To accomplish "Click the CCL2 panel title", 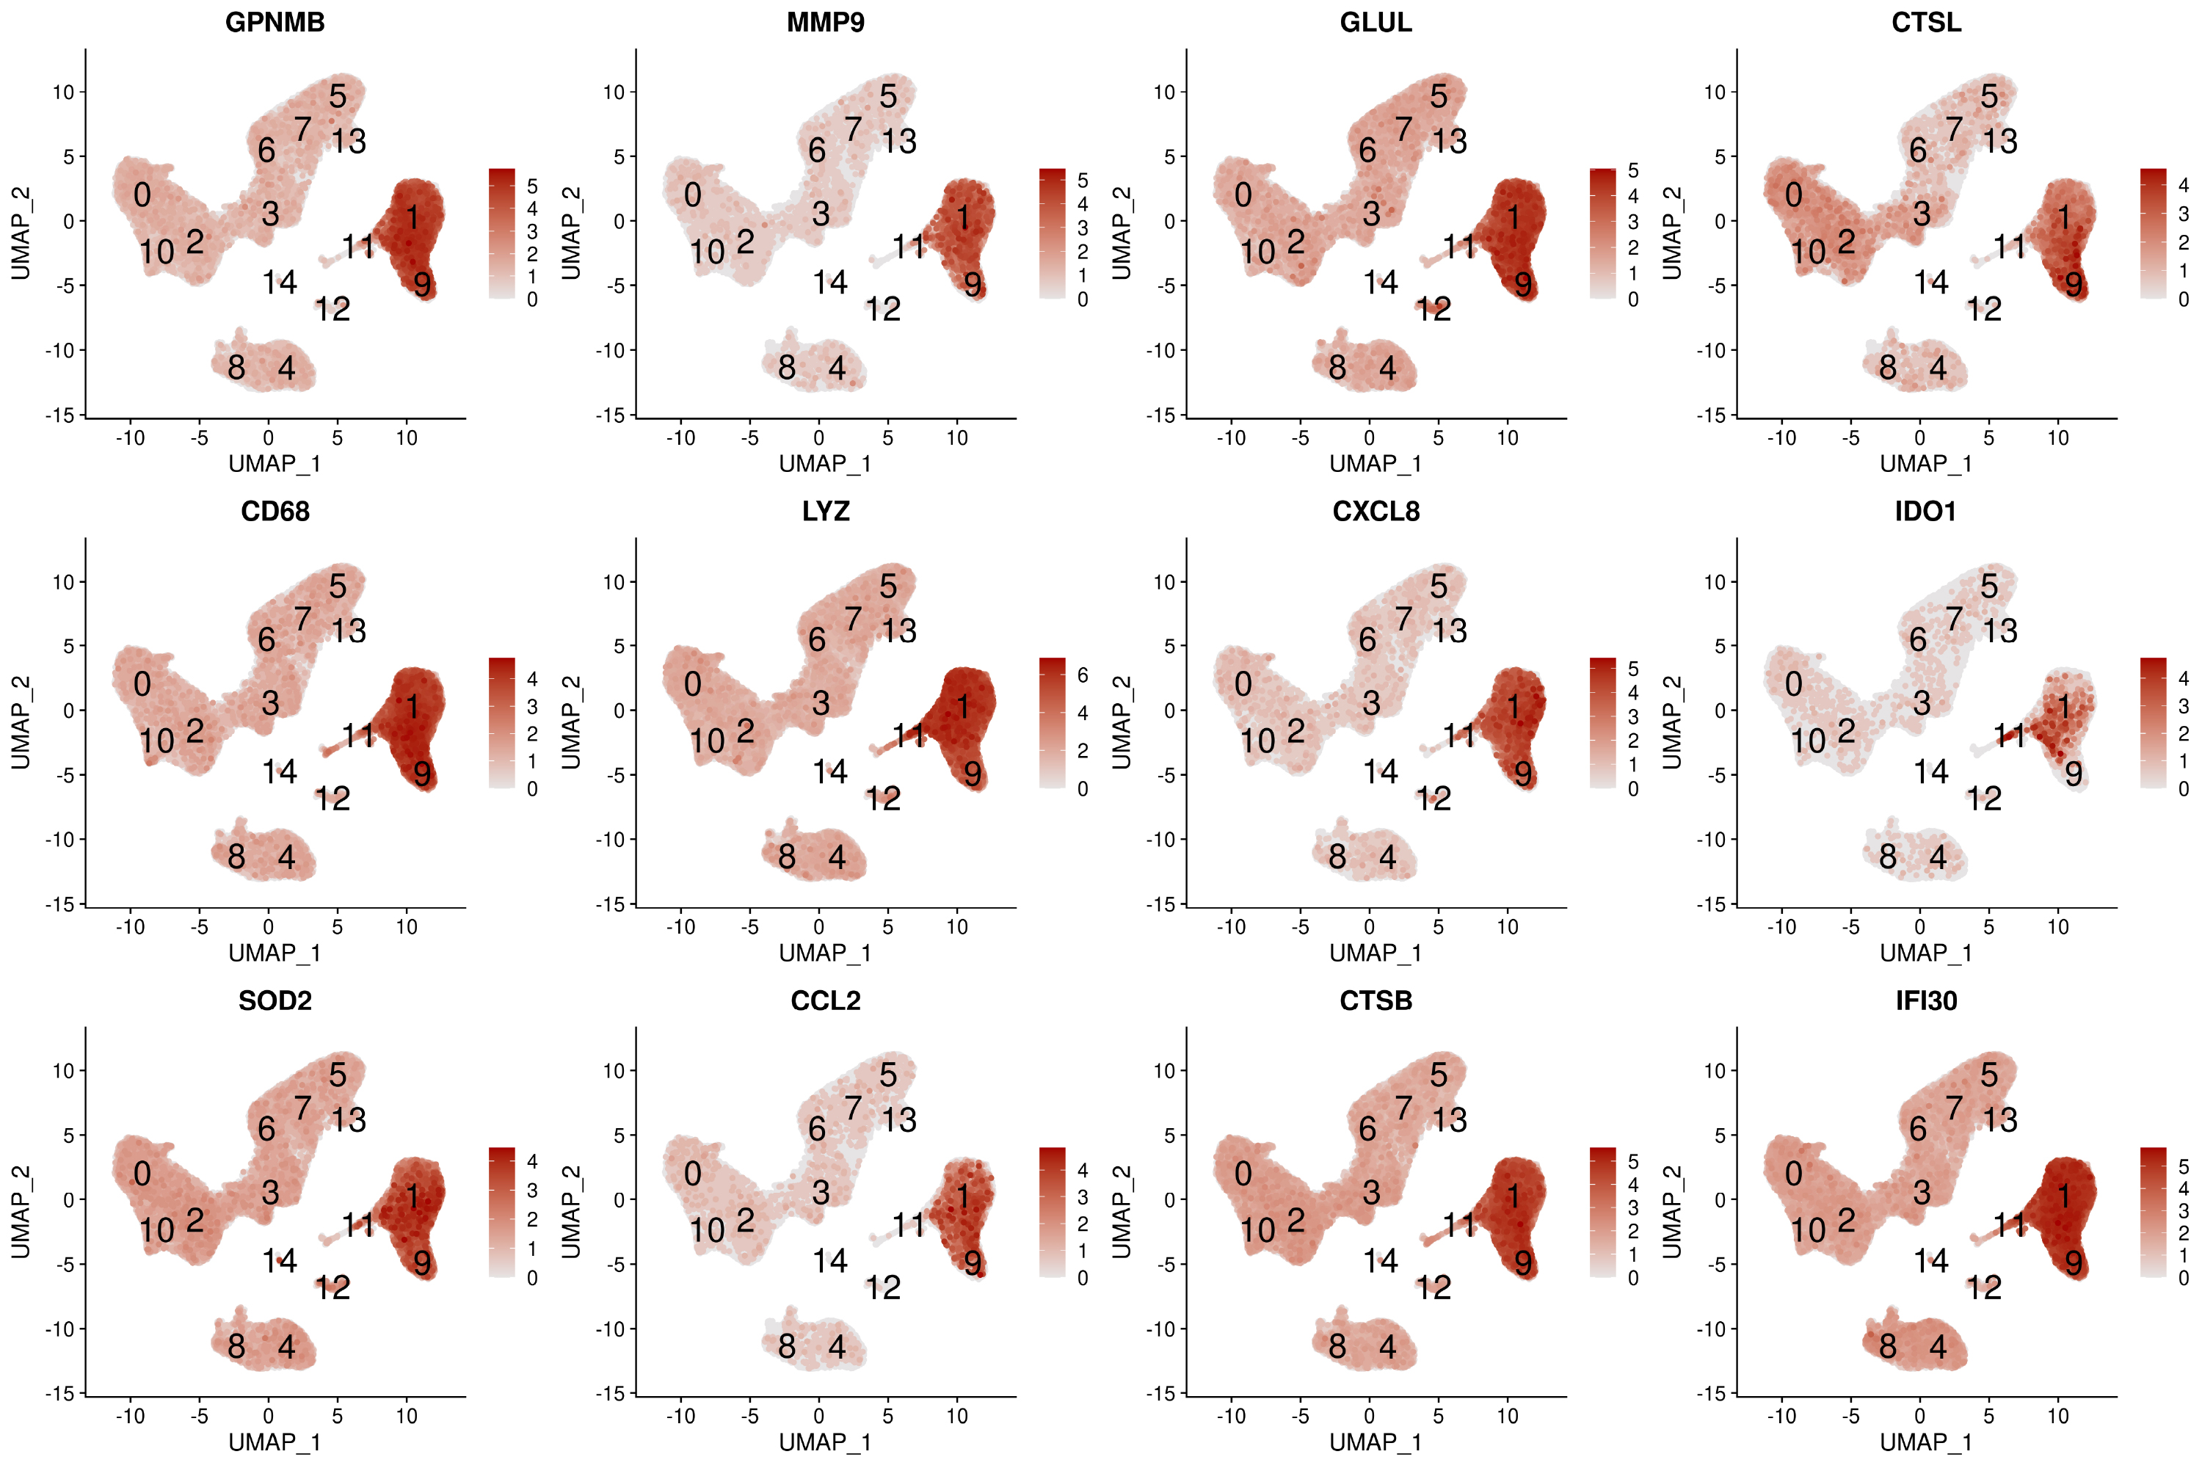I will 825,1001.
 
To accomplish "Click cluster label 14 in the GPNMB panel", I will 279,282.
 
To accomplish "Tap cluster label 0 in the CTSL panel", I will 1793,195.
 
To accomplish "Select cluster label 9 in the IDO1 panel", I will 2074,774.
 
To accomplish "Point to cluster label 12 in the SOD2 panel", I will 333,1288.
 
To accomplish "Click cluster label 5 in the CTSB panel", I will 1439,1075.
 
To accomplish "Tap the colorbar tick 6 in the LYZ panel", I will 1082,675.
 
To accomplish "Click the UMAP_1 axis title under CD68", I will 275,953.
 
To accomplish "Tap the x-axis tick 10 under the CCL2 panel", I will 957,1416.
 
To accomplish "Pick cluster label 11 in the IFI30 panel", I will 2009,1224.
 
